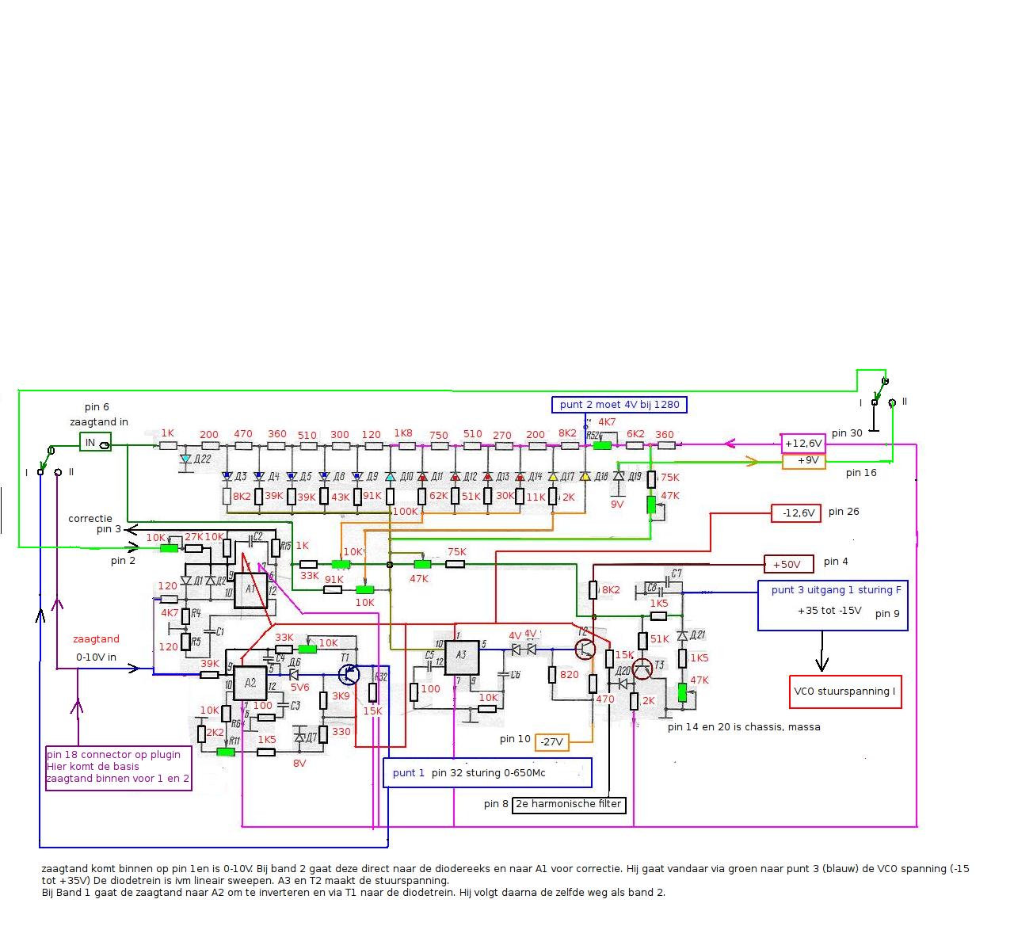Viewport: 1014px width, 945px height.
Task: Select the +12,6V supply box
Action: (803, 443)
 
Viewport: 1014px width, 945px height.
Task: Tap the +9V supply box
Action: (803, 460)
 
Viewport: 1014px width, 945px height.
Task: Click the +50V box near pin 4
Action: (788, 564)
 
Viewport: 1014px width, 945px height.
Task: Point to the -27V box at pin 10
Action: (551, 742)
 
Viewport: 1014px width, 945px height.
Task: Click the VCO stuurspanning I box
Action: (845, 692)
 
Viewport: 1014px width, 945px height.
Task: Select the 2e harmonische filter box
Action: (569, 805)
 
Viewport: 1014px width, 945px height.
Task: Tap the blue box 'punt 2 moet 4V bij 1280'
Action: (619, 405)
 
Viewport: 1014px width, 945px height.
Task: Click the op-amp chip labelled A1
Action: (251, 589)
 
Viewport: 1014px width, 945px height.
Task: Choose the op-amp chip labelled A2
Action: (250, 682)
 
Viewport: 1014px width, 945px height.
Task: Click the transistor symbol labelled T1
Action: (349, 674)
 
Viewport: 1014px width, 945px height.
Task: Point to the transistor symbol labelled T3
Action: (642, 668)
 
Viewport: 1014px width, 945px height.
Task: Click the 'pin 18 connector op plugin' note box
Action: (119, 767)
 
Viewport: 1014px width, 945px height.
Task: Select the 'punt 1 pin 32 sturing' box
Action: (487, 772)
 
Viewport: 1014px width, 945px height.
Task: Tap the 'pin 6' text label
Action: (97, 407)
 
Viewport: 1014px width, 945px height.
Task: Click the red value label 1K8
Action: (403, 433)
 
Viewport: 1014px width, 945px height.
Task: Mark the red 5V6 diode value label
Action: (299, 688)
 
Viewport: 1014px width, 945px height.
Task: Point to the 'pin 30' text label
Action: (847, 433)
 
